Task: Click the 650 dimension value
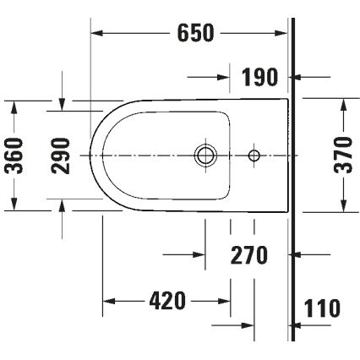[195, 33]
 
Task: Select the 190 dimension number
[260, 78]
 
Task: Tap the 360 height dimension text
[14, 155]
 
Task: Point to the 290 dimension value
[62, 155]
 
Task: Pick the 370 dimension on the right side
[343, 155]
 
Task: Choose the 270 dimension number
[249, 254]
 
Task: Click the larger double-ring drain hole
[205, 155]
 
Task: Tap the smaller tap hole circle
[254, 155]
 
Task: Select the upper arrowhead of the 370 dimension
[343, 104]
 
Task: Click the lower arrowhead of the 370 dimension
[343, 207]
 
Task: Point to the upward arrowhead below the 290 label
[62, 205]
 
